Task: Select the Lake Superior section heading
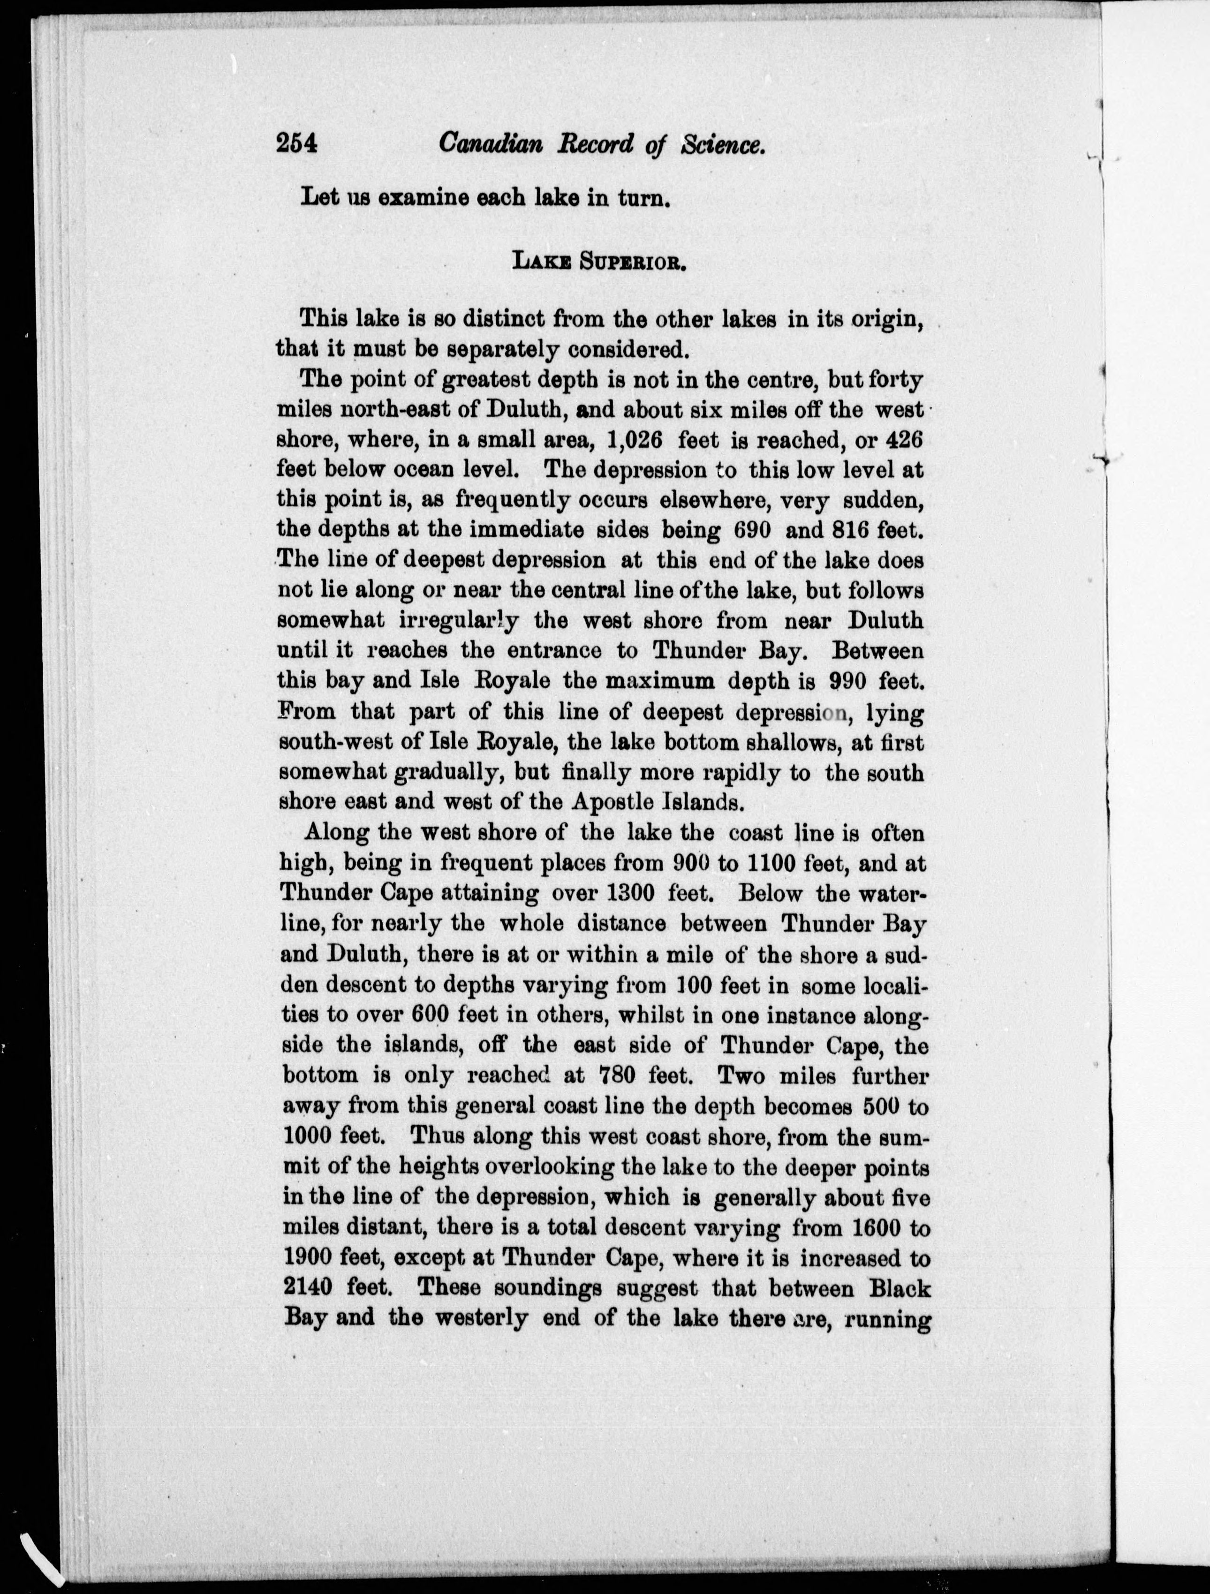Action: click(597, 260)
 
